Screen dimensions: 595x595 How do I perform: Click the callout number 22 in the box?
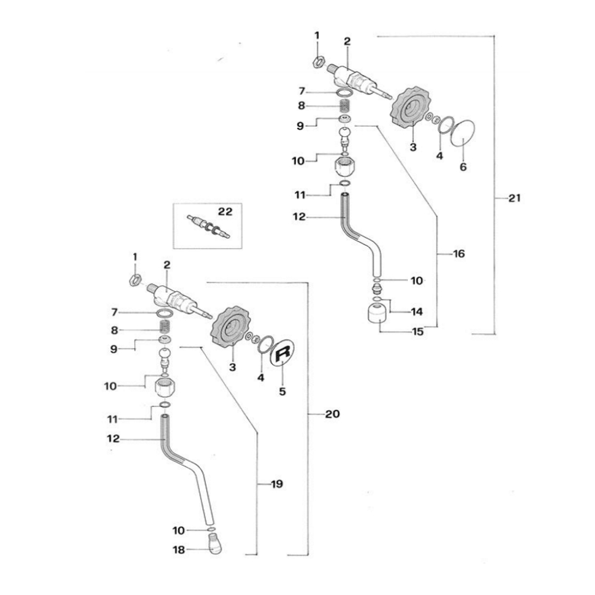[x=225, y=212]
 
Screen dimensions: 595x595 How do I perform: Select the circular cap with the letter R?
[x=284, y=354]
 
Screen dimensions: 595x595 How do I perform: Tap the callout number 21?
[x=514, y=198]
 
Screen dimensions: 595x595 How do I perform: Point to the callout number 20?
[x=332, y=414]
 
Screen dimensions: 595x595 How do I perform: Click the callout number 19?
[x=277, y=484]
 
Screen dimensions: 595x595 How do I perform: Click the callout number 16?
[x=458, y=254]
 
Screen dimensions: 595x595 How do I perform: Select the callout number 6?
[x=463, y=167]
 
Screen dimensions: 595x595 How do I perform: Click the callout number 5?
[x=282, y=392]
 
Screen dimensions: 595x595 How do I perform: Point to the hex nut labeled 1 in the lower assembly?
[x=134, y=279]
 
